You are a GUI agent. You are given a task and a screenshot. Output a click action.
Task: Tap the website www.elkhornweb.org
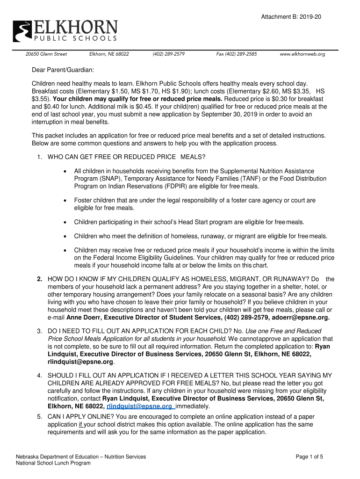(x=302, y=54)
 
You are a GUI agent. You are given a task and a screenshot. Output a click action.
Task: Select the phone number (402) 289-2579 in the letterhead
(x=168, y=54)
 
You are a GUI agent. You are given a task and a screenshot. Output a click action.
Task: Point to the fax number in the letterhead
(x=237, y=54)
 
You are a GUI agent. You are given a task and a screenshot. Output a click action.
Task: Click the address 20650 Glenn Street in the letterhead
(x=46, y=54)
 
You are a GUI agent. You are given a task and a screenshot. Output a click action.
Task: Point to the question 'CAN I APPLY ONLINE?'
(x=79, y=417)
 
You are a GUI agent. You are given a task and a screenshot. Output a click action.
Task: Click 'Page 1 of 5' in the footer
(x=310, y=457)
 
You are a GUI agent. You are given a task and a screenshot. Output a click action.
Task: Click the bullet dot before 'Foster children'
(x=65, y=200)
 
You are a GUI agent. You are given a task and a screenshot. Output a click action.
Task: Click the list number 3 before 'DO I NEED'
(x=40, y=331)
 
